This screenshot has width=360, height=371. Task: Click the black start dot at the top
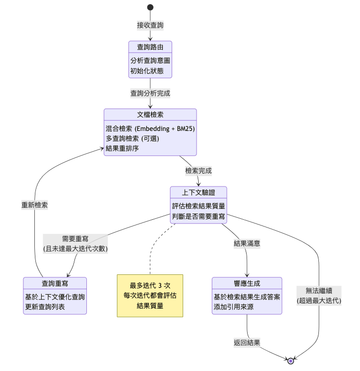point(150,7)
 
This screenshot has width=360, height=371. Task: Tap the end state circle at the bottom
point(291,361)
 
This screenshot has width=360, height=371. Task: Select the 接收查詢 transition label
point(150,25)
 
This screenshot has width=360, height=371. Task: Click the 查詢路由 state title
point(150,47)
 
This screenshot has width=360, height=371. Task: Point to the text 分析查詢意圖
point(150,60)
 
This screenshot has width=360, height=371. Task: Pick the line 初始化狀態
point(144,71)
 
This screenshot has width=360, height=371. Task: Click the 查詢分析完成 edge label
point(150,94)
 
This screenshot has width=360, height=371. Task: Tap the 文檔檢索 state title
point(150,115)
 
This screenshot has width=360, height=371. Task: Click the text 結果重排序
point(122,149)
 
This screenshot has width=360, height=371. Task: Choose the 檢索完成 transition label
point(198,170)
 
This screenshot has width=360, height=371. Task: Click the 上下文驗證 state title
point(199,192)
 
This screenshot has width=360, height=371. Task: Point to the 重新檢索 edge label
point(34,205)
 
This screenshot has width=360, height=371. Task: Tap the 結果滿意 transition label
point(247,243)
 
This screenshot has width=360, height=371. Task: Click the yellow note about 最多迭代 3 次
point(150,295)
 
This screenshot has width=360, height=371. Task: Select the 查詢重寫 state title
point(55,283)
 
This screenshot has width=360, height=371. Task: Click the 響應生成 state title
point(247,283)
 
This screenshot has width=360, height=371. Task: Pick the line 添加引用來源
point(234,307)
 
